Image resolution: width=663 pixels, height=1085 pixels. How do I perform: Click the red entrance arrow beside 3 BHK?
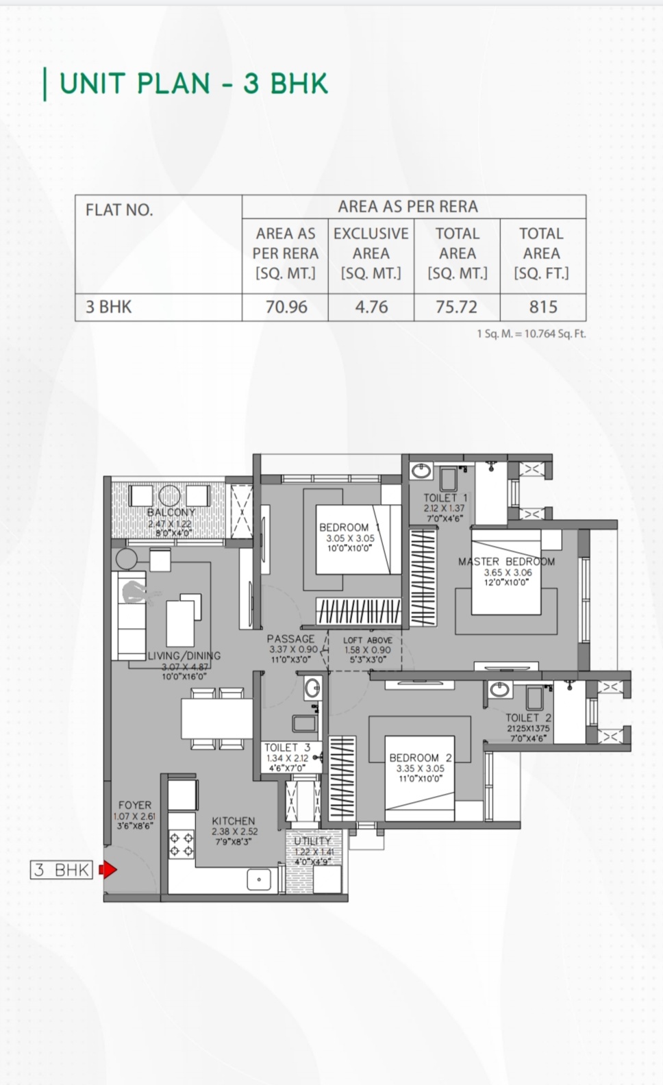[x=108, y=870]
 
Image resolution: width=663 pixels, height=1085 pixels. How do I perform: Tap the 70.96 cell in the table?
[x=286, y=307]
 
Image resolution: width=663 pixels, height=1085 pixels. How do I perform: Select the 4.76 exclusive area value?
[x=371, y=307]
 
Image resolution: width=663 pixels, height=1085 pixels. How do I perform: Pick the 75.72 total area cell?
[x=456, y=307]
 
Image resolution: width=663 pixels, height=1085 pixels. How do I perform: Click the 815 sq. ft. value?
[x=543, y=307]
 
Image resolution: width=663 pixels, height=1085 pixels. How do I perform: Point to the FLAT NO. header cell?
[x=119, y=210]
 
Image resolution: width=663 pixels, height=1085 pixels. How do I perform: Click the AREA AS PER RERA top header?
[x=408, y=207]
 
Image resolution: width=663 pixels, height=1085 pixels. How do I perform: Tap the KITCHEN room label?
[x=234, y=821]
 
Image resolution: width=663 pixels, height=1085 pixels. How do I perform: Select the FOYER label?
[x=135, y=806]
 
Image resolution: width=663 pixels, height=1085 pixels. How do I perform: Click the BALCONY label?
[x=171, y=512]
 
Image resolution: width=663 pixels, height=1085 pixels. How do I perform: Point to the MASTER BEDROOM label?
[x=506, y=562]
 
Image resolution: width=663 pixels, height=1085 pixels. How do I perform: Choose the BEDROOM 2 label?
[x=421, y=758]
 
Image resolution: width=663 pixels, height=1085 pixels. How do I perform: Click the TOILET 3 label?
[x=288, y=748]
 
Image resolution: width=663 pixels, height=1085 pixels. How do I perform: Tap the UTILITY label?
[x=312, y=841]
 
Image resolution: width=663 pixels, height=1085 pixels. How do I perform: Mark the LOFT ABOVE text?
[x=368, y=640]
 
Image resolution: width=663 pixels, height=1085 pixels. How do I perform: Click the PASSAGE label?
[x=291, y=638]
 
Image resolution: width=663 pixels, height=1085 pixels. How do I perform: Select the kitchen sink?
[x=259, y=879]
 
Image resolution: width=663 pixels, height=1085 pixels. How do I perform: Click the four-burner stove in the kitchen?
[x=182, y=844]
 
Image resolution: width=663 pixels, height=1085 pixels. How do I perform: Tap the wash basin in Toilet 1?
[x=421, y=471]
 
